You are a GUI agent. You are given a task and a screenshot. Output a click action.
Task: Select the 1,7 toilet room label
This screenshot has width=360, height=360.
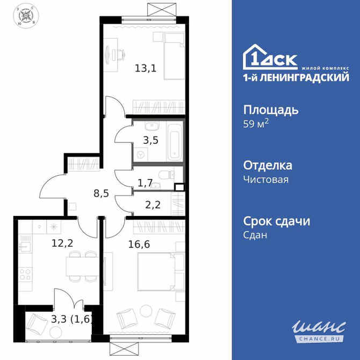point(144,184)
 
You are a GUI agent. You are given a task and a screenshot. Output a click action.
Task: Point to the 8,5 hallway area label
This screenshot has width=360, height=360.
point(101,193)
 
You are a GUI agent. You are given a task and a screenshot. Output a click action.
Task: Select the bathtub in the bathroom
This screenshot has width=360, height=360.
point(174,141)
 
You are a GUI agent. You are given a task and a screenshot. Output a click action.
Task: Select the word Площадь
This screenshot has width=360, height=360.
point(271,110)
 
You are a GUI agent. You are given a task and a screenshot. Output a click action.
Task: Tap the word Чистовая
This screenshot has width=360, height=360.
point(266,179)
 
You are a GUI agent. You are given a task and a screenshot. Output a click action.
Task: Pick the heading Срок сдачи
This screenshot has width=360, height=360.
point(277,221)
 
